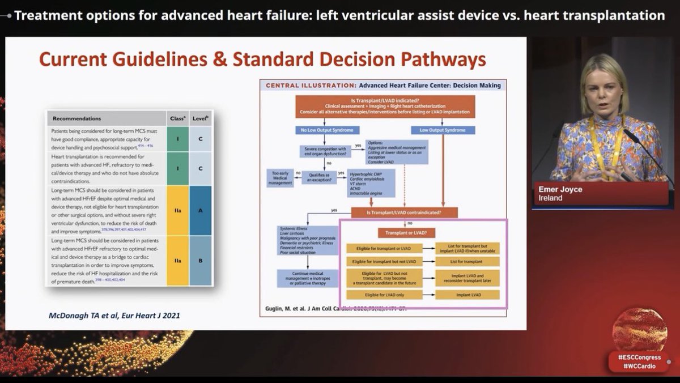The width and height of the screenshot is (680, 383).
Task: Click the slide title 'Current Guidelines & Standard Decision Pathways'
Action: pyautogui.click(x=262, y=59)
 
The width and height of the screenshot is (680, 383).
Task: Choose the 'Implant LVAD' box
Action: pyautogui.click(x=468, y=295)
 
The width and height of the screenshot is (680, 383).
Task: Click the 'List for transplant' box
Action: pyautogui.click(x=468, y=262)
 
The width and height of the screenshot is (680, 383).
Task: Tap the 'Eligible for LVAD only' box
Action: pyautogui.click(x=390, y=295)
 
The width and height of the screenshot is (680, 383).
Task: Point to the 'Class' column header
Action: pyautogui.click(x=177, y=118)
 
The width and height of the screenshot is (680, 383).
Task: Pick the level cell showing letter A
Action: pyautogui.click(x=201, y=210)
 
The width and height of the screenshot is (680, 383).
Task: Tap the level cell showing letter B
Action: pyautogui.click(x=201, y=260)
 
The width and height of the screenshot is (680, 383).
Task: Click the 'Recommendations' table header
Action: pyautogui.click(x=77, y=118)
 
